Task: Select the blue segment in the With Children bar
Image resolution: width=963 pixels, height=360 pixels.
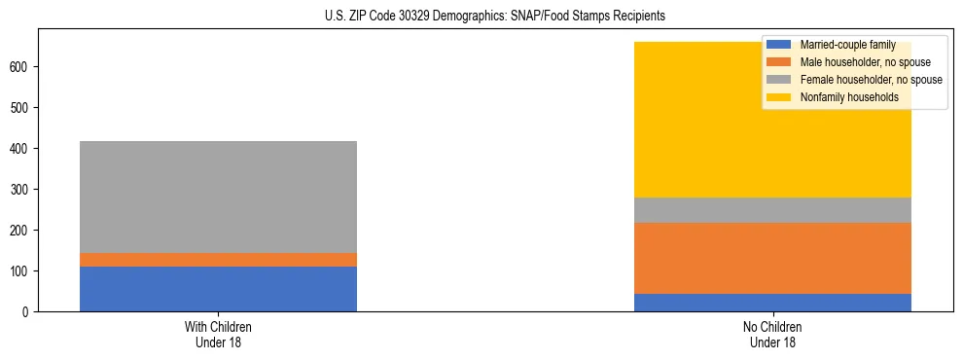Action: [218, 289]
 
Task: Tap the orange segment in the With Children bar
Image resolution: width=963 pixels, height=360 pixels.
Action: [218, 260]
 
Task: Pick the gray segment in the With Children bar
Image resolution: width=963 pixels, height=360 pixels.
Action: [218, 197]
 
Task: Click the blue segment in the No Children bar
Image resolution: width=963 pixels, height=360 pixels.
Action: [772, 302]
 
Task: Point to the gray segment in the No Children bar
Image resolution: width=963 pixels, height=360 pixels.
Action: [772, 210]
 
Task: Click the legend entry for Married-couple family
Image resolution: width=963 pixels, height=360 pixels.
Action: [842, 45]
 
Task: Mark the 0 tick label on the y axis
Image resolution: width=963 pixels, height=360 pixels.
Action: [27, 311]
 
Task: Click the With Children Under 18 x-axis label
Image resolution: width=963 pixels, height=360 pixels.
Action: [218, 335]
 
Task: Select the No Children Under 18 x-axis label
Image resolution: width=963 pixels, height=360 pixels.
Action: [772, 335]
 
